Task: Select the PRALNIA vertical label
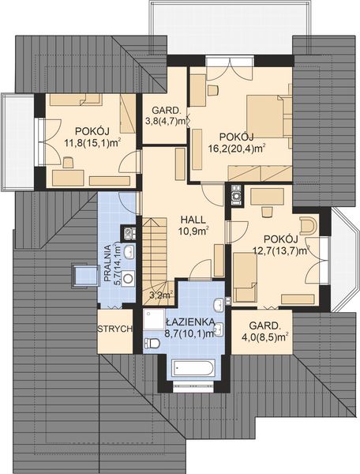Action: pos(109,262)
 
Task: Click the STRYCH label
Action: pos(114,329)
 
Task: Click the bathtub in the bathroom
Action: pos(192,368)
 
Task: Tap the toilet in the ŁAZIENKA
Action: pos(152,343)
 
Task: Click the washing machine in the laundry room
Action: pos(128,278)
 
